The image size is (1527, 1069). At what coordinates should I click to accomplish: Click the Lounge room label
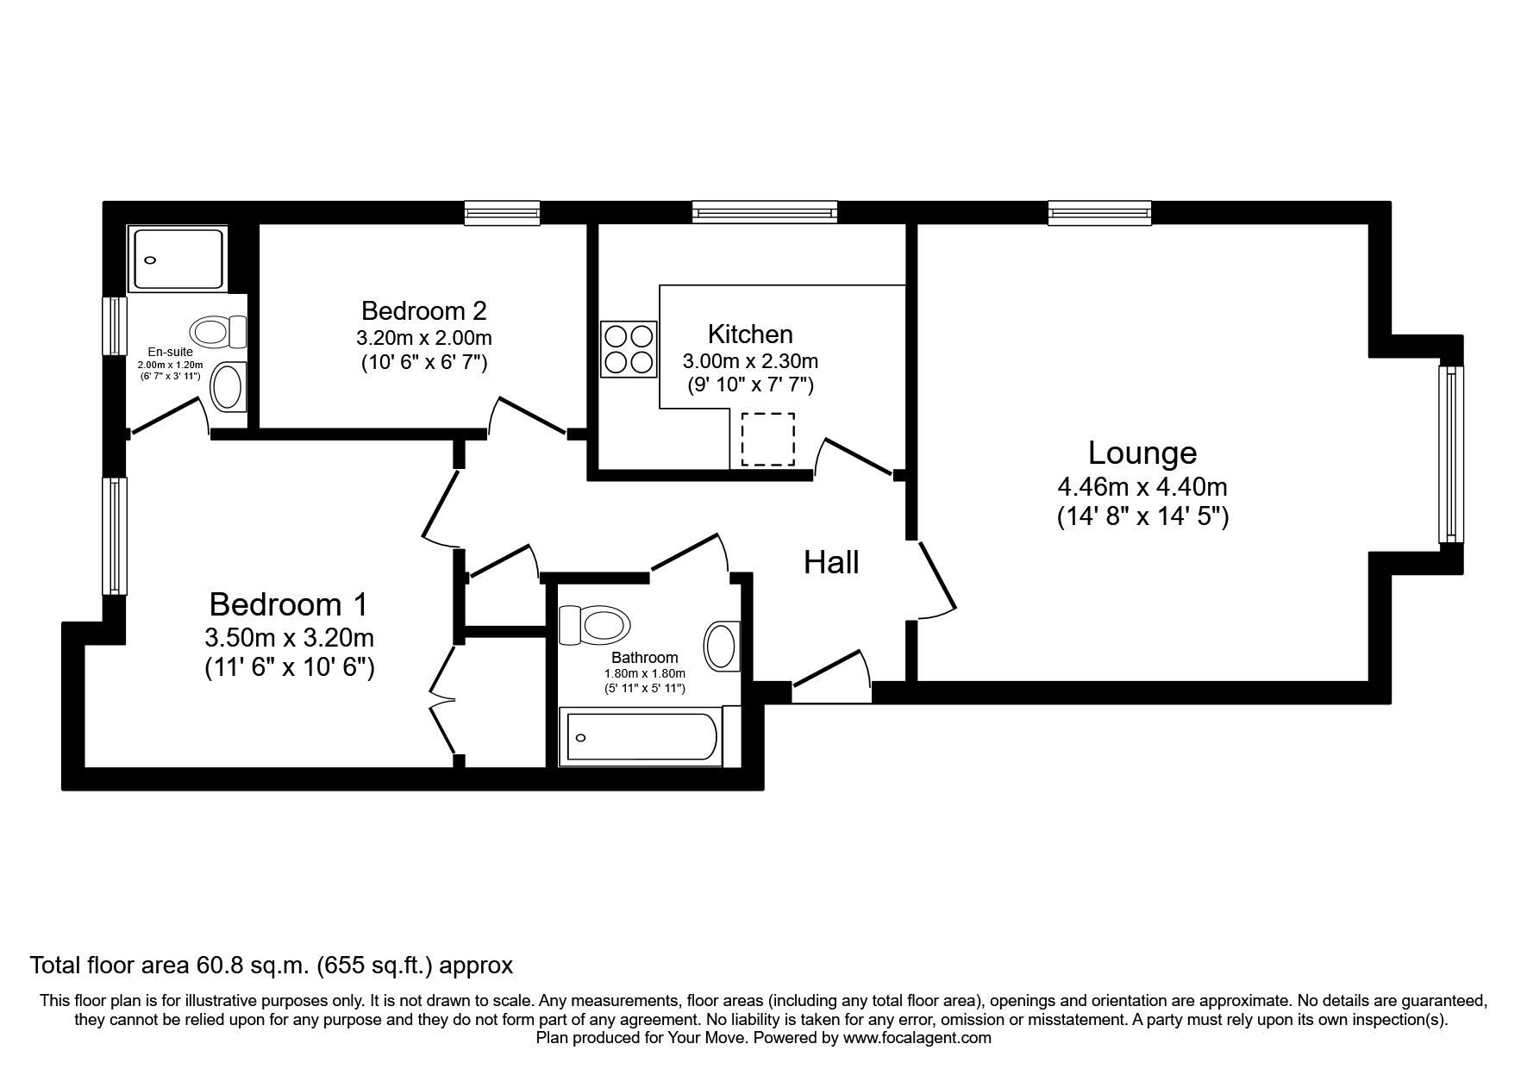(1142, 453)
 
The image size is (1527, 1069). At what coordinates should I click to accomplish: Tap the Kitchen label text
(750, 334)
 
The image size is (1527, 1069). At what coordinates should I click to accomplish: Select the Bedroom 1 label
(288, 604)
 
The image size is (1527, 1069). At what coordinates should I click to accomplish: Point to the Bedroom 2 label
(424, 309)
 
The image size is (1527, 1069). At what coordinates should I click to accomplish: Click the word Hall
(831, 563)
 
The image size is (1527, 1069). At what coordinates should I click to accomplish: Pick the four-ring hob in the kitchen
(629, 348)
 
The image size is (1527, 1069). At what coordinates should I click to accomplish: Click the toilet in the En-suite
(218, 331)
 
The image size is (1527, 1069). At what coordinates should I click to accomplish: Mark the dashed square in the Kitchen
(767, 440)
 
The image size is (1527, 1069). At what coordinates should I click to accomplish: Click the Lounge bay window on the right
(1452, 453)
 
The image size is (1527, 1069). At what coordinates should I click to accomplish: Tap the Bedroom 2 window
(502, 213)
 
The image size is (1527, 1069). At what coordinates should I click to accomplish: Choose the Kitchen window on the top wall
(764, 212)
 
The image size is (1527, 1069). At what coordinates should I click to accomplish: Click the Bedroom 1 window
(115, 535)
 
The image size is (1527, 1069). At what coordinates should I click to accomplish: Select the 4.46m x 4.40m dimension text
(1142, 487)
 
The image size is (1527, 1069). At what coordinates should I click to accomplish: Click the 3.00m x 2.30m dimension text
(750, 361)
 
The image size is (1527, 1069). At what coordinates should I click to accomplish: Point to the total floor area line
(272, 965)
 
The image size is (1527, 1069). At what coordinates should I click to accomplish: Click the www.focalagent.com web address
(917, 1038)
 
